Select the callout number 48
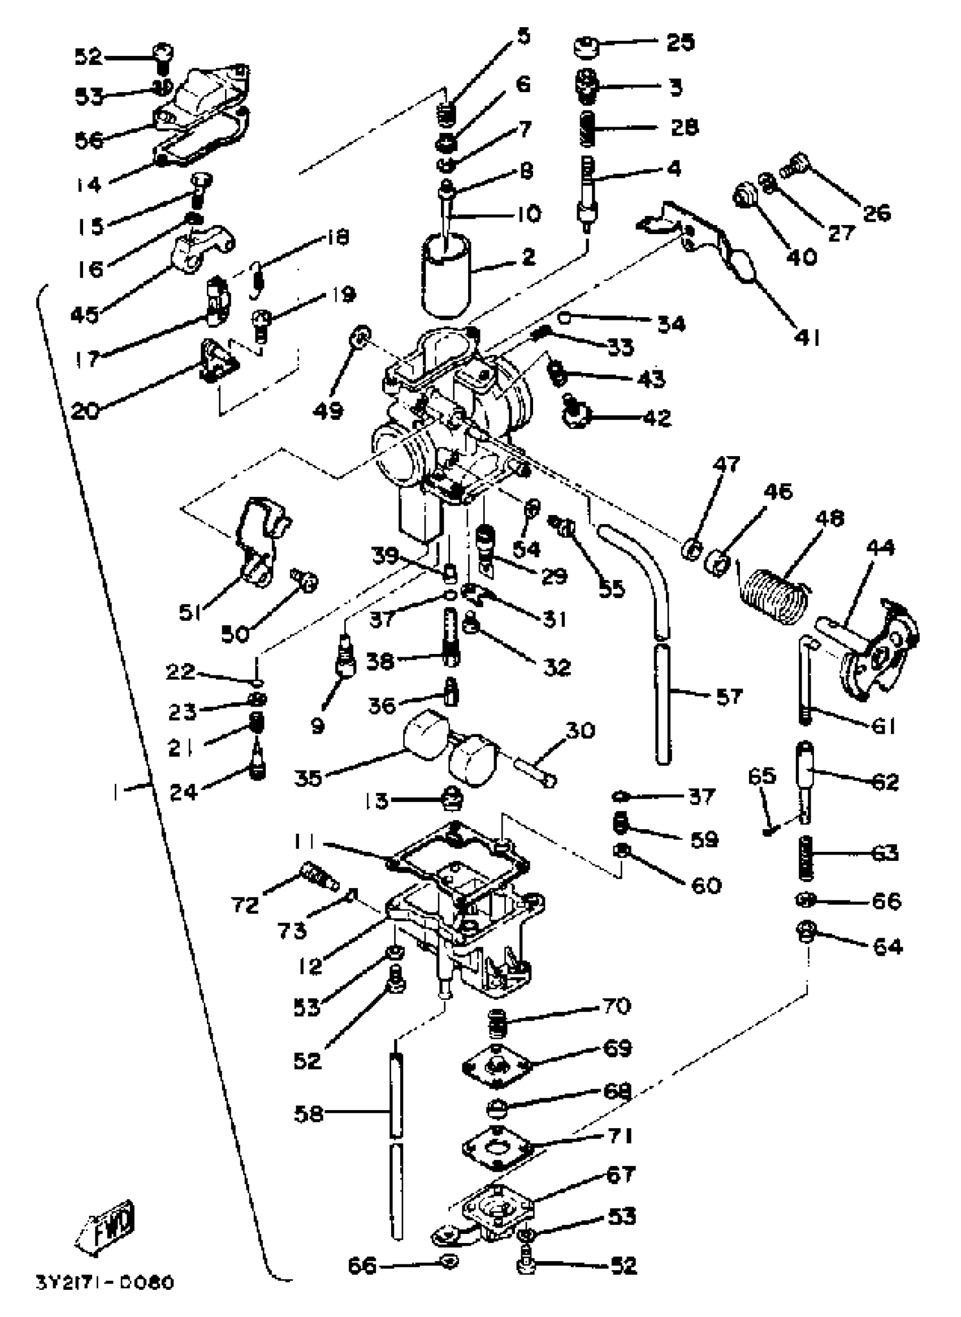tap(829, 518)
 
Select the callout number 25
tap(680, 42)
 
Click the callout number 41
tap(807, 337)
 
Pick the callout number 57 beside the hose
tap(729, 696)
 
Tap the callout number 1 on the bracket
tap(117, 791)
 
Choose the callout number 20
tap(85, 411)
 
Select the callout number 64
tap(888, 946)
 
